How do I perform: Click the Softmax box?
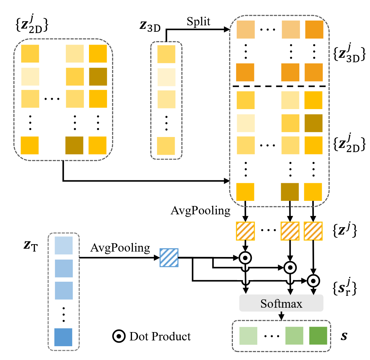281,303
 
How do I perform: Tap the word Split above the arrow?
198,21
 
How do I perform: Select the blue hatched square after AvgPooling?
169,257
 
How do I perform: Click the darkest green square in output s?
318,336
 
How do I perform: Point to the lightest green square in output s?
248,336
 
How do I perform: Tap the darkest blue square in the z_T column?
63,337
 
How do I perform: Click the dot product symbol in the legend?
119,336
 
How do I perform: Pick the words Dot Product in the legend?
160,336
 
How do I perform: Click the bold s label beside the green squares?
344,336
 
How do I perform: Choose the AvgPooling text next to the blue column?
120,248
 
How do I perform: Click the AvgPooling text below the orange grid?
200,210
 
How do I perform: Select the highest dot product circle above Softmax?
245,257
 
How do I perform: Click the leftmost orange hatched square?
245,231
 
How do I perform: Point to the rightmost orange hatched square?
313,231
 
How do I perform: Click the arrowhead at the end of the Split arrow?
227,30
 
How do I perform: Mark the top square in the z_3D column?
166,54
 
